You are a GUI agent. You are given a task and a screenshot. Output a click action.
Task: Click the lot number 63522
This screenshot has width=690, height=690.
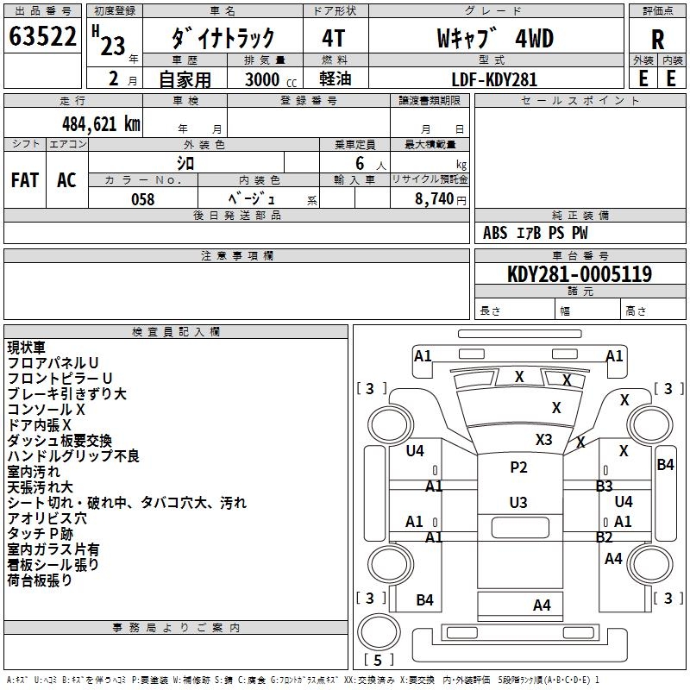coord(42,38)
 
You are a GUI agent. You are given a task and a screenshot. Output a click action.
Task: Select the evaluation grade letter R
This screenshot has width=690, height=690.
coord(657,40)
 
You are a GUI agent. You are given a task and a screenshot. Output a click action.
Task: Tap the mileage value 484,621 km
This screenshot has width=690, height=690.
coord(101,124)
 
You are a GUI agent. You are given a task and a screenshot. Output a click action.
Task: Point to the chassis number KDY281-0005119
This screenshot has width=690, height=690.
coord(580,274)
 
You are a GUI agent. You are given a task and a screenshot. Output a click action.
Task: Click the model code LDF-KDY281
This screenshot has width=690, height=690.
coord(494,79)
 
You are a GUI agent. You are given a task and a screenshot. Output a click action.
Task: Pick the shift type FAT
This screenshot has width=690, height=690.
coord(25,180)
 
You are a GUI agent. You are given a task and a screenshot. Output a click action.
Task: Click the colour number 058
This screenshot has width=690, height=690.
coord(142,199)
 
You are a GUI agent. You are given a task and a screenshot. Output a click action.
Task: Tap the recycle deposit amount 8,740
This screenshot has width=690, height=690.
coord(439,199)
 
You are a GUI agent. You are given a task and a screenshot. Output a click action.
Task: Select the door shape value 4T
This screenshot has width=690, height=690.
coord(334,39)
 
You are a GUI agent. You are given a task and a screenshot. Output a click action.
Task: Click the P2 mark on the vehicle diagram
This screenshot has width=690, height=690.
coord(517,467)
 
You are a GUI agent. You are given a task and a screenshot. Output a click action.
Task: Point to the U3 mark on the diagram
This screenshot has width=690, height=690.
coord(517,502)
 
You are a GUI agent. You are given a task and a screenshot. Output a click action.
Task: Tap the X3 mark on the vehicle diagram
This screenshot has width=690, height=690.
coord(543,439)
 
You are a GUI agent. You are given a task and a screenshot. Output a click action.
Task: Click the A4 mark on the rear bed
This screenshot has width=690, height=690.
coord(542,605)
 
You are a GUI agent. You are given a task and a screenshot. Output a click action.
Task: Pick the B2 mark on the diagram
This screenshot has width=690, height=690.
coord(605,537)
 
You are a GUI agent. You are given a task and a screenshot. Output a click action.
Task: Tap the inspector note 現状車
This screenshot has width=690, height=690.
coord(25,348)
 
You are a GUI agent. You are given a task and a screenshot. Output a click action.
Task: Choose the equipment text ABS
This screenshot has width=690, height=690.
coord(495,233)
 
